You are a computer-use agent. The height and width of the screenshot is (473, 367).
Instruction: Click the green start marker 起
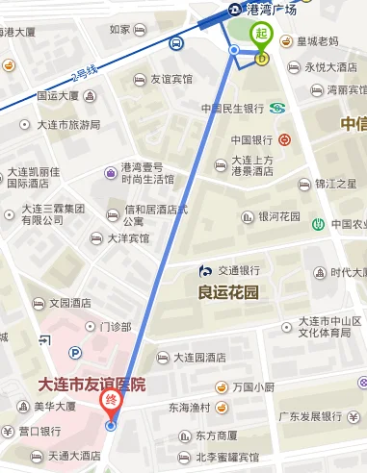261,36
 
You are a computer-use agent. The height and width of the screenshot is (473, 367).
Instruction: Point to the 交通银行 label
239,270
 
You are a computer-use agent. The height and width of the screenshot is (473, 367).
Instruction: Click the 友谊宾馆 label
170,79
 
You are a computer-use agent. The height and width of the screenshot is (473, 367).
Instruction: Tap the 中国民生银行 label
233,108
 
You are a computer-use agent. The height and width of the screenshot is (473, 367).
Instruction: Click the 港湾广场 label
273,10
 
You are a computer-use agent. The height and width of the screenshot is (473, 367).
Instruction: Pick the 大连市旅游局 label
68,125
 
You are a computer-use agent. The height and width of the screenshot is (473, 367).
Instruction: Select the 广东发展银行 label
310,417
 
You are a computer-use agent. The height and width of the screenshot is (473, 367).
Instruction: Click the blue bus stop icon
177,43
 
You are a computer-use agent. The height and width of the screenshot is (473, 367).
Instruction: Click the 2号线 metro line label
85,72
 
